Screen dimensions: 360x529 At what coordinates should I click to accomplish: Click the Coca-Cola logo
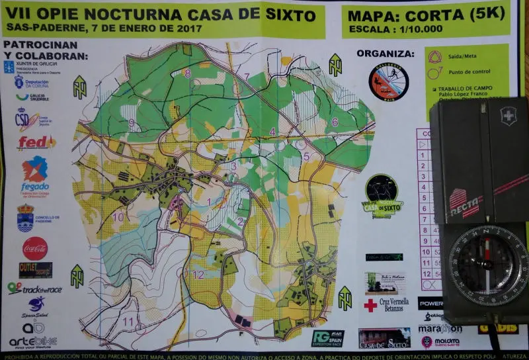click(x=35, y=248)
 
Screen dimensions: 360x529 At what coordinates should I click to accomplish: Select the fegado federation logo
click(x=35, y=175)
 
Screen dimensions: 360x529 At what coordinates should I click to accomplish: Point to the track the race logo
click(x=34, y=288)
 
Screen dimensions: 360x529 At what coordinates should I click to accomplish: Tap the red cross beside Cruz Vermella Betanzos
click(x=370, y=306)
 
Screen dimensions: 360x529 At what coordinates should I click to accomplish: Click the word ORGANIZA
click(x=386, y=54)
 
